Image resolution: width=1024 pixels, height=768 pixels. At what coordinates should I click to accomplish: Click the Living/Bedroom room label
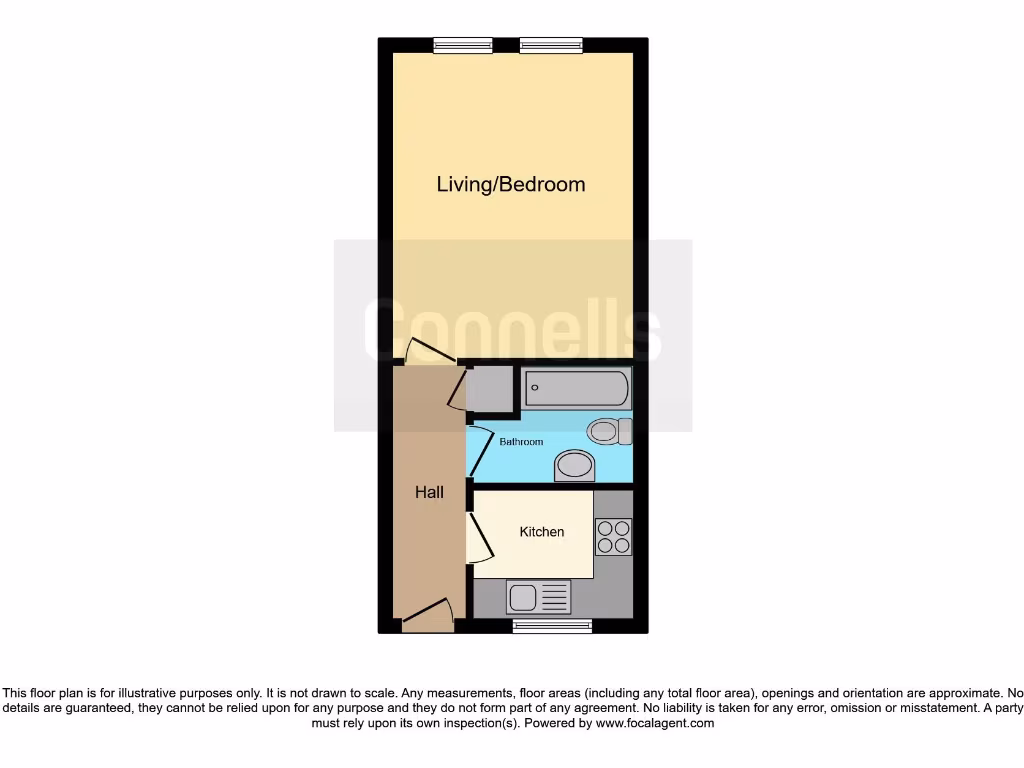point(510,185)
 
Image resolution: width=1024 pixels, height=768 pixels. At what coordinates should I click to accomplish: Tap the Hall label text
point(429,492)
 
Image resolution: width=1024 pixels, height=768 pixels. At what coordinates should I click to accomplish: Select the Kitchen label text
point(541,532)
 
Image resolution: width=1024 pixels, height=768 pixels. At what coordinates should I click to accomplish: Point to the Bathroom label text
point(521,442)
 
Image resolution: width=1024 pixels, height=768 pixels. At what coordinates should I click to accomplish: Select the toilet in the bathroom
point(609,432)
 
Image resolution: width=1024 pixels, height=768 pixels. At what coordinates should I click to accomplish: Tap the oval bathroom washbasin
point(574,464)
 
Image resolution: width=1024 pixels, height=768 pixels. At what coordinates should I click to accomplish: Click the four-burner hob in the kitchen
point(613,537)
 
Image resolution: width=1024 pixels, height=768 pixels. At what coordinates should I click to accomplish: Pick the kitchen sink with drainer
point(539,598)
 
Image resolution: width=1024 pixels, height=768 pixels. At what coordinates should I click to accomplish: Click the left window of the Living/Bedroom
point(463,45)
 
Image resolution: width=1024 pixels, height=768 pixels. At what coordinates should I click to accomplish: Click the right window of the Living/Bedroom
point(551,45)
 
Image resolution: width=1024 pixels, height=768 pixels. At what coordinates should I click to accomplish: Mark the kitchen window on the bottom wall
point(552,626)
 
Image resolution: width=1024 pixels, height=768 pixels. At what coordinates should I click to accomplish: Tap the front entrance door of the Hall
point(428,614)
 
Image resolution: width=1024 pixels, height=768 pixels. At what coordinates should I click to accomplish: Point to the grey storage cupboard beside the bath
point(489,389)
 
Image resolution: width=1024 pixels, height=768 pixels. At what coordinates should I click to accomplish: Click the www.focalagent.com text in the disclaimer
point(655,723)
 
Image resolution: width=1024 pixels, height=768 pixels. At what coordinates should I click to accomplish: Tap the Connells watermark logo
point(512,330)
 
